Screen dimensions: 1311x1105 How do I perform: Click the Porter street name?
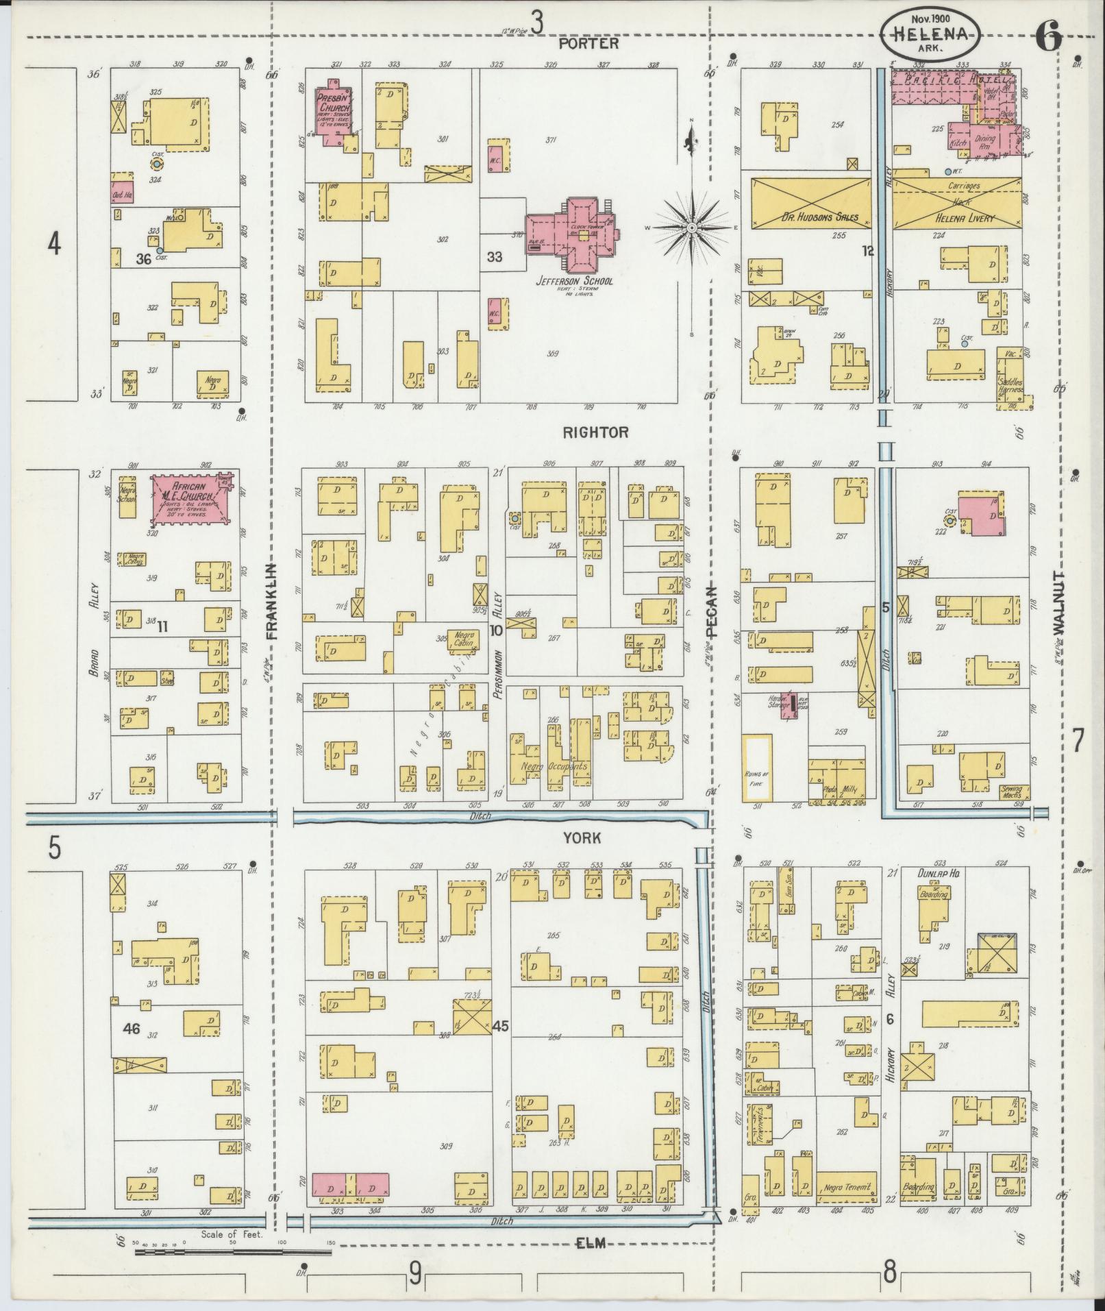(588, 43)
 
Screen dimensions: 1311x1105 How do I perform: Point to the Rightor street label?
(595, 432)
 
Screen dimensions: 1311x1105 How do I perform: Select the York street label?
(582, 837)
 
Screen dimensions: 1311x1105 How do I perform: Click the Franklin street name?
(271, 601)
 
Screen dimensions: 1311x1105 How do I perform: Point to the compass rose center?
(692, 227)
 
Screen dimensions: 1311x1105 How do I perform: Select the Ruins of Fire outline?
(758, 767)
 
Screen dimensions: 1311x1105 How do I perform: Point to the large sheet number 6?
(1048, 35)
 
